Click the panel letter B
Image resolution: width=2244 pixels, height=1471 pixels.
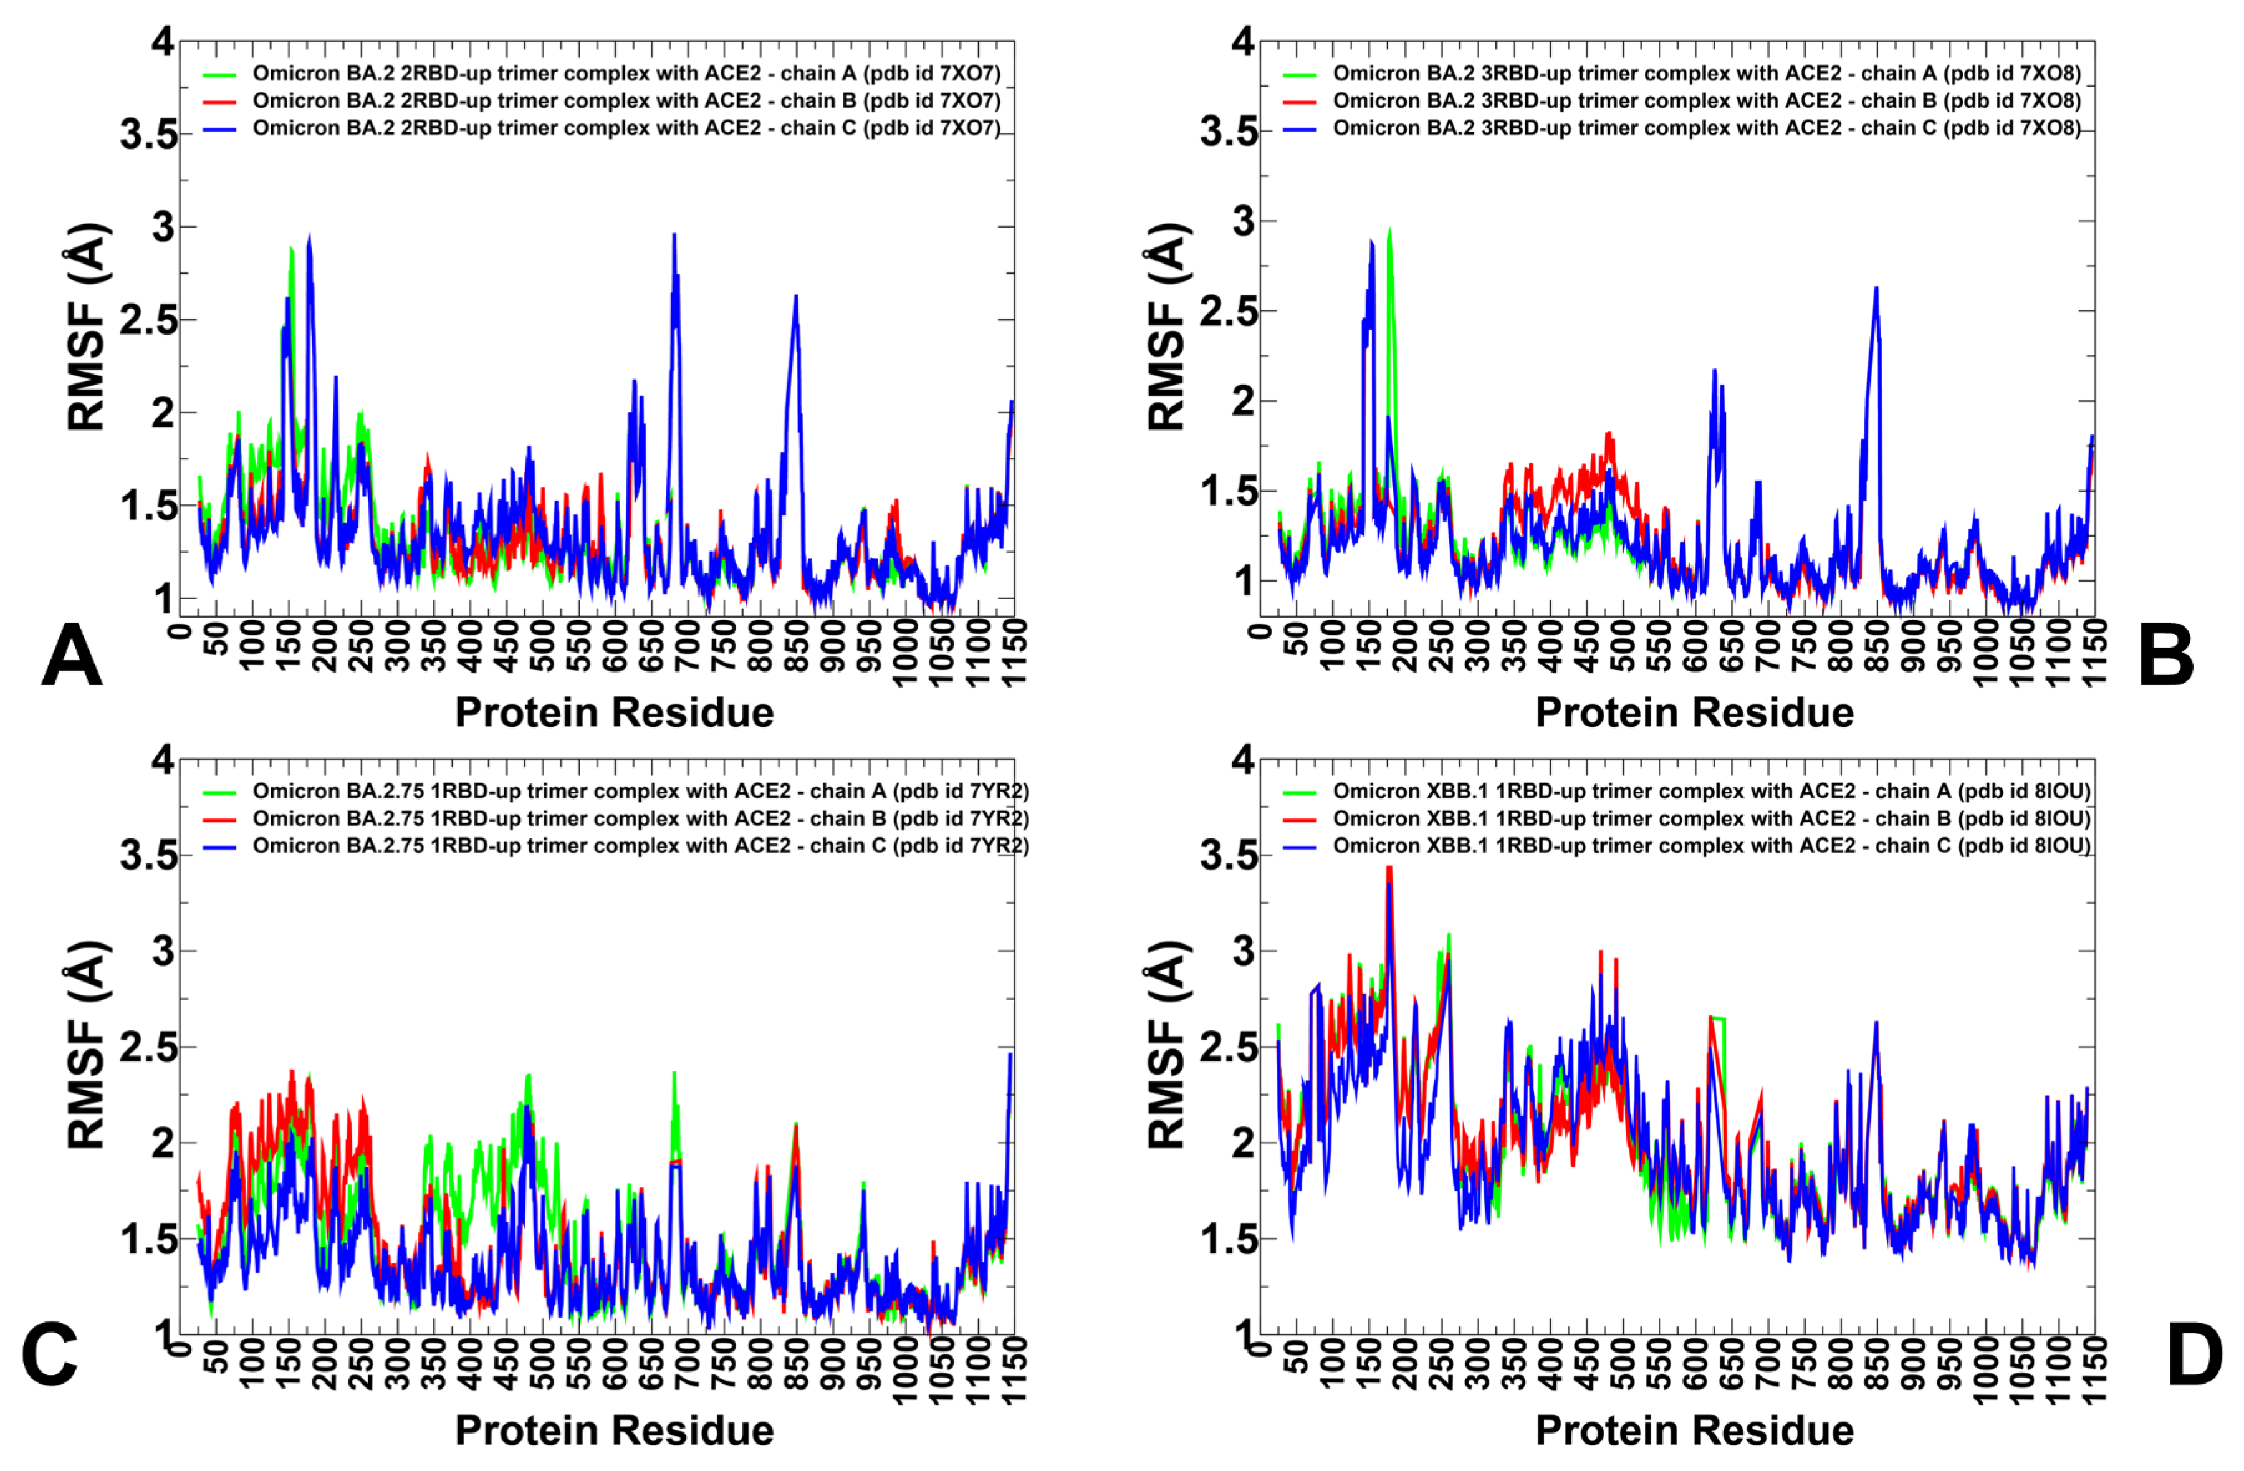pos(2165,656)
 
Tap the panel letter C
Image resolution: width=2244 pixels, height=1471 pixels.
pos(49,1355)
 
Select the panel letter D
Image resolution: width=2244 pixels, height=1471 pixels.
pos(2194,1355)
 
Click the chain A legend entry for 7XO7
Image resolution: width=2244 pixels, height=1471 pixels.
pos(625,74)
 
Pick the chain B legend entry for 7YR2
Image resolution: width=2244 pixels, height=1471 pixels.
pos(640,818)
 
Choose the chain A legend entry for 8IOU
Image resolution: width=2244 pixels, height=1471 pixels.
pos(1710,791)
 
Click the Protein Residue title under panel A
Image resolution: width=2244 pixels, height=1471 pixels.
pos(614,713)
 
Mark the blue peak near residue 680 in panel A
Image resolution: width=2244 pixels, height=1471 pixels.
pos(674,236)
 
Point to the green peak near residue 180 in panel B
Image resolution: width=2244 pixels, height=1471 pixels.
pos(1389,231)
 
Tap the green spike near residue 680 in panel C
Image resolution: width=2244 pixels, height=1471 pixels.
pos(674,1073)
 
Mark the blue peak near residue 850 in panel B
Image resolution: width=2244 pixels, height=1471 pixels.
pos(1876,289)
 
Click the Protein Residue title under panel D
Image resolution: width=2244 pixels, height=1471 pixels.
pos(1694,1430)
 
